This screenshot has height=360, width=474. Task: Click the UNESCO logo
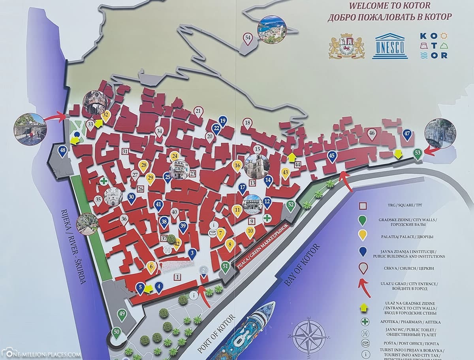pos(390,46)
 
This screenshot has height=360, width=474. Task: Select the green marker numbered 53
pos(418,153)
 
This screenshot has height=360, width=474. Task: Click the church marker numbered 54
pos(248,38)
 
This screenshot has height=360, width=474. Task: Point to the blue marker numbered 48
pos(62,151)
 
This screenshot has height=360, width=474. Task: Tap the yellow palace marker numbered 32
pos(105,116)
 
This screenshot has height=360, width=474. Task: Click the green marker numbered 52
pos(291,205)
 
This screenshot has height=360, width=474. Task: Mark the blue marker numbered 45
pos(332,156)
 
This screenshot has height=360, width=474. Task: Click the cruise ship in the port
pos(253,332)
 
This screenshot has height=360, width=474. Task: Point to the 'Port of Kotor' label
pos(215,334)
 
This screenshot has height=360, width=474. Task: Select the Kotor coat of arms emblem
pos(346,46)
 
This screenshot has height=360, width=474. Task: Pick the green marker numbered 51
pos(225,267)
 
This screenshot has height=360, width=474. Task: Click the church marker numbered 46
pos(371,134)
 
